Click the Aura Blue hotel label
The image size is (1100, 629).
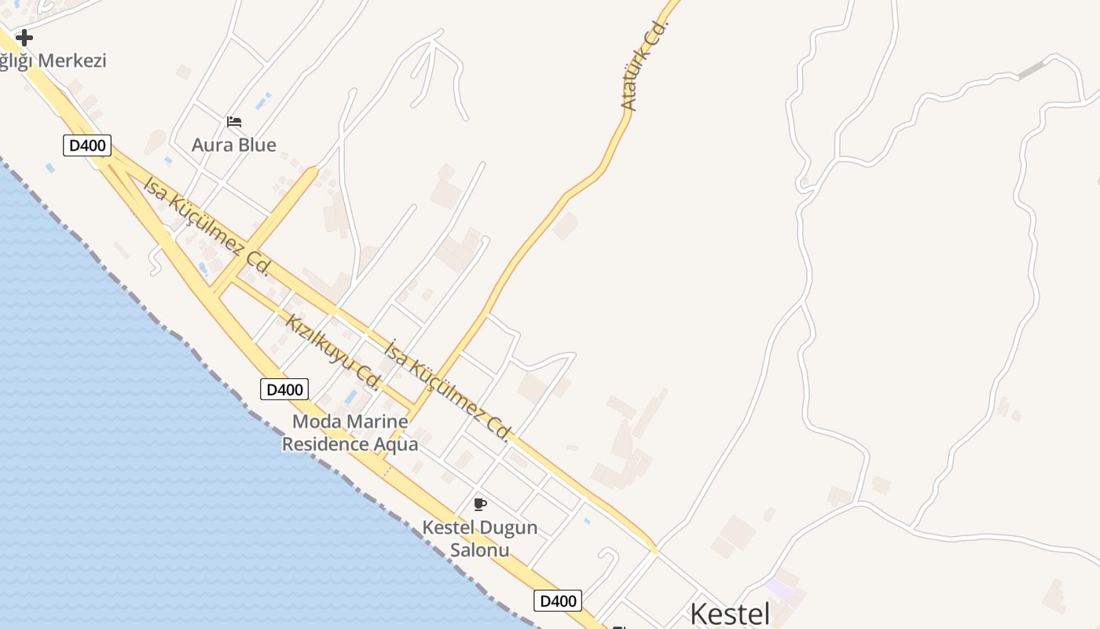[234, 145]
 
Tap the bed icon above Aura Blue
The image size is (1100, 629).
[234, 122]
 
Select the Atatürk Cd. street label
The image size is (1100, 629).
[643, 65]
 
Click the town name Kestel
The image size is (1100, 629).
[730, 614]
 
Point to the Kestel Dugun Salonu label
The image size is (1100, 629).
[480, 538]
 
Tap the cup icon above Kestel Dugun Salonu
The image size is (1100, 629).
[480, 504]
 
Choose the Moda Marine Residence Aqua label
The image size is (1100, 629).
[350, 432]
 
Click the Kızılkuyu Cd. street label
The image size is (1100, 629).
[333, 351]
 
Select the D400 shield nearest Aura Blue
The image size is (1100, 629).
[87, 145]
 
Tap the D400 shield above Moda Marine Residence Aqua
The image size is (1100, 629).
[284, 388]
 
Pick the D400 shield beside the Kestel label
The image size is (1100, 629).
[558, 601]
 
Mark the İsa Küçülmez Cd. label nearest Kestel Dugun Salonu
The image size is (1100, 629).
[449, 388]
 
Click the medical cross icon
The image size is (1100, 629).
[24, 37]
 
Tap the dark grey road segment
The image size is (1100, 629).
[1031, 69]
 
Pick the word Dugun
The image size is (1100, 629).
[505, 528]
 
